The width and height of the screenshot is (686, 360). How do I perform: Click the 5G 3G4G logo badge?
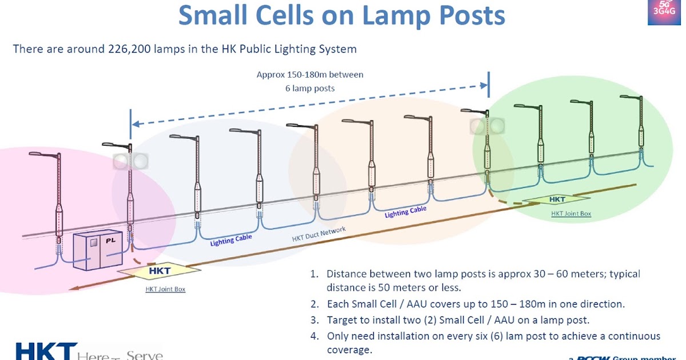click(664, 13)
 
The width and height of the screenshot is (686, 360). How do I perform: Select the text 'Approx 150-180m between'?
click(310, 75)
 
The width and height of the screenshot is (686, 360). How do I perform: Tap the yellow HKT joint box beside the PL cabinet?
click(159, 270)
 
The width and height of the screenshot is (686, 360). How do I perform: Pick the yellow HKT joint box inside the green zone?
click(556, 199)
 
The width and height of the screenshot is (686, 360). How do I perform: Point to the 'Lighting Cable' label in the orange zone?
click(405, 212)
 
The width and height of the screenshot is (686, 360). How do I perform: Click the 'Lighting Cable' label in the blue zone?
click(231, 240)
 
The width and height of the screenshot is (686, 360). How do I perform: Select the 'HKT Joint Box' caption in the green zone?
click(571, 214)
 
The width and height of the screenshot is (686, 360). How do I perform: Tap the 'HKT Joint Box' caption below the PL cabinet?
click(165, 289)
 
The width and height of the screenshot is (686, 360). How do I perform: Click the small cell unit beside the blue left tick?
click(130, 162)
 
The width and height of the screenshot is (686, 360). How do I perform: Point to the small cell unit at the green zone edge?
click(487, 126)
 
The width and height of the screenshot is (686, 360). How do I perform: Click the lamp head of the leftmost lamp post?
click(35, 154)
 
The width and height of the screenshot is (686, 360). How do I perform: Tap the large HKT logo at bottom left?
click(46, 351)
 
